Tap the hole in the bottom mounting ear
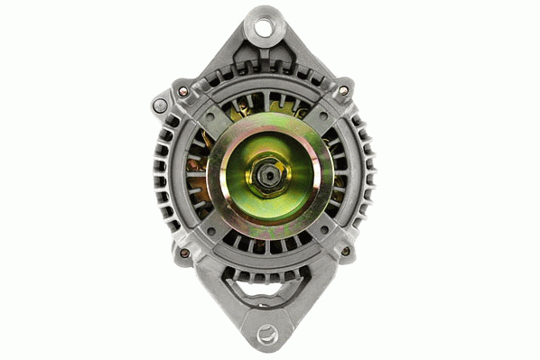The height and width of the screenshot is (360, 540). click(266, 335)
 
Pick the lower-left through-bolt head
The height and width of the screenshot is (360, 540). click(184, 252)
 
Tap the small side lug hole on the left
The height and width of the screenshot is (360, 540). click(160, 106)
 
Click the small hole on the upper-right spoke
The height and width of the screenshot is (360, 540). click(321, 111)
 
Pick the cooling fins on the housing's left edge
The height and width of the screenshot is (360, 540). click(164, 176)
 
